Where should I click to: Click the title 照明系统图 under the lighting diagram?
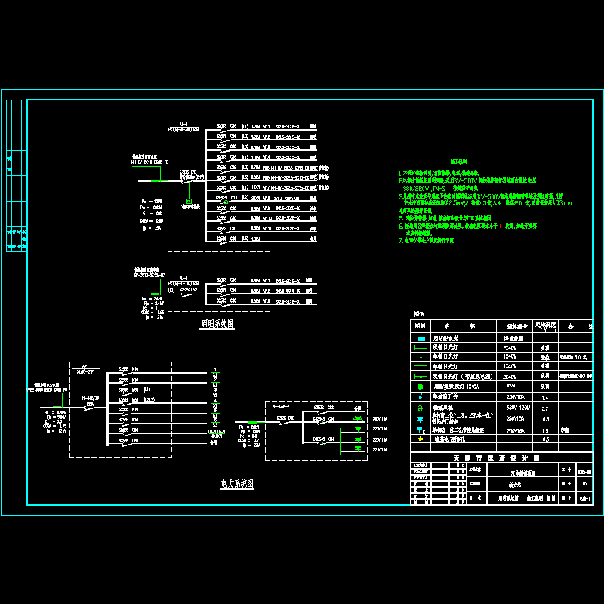[217, 322]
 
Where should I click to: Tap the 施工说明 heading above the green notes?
[459, 162]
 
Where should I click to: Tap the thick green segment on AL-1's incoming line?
[156, 180]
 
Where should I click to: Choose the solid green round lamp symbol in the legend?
[421, 386]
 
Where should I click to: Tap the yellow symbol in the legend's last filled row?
[420, 439]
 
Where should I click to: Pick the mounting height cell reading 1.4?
[544, 396]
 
